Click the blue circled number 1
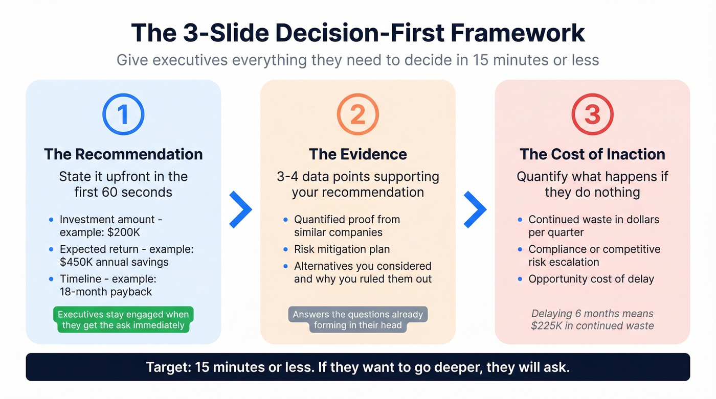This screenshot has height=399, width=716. pyautogui.click(x=123, y=115)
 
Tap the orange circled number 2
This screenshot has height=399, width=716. pyautogui.click(x=357, y=115)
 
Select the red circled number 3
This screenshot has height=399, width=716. pyautogui.click(x=592, y=115)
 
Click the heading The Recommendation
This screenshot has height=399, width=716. pyautogui.click(x=123, y=154)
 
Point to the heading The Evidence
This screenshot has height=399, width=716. pyautogui.click(x=357, y=154)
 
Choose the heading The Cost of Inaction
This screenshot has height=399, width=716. pyautogui.click(x=592, y=154)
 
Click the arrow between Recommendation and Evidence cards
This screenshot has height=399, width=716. pyautogui.click(x=240, y=209)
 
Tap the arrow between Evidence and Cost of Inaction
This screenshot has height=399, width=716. pyautogui.click(x=475, y=209)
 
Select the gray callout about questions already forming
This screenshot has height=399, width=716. pyautogui.click(x=357, y=320)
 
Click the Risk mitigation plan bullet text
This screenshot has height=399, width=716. pyautogui.click(x=342, y=249)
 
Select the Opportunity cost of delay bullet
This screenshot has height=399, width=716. pyautogui.click(x=591, y=279)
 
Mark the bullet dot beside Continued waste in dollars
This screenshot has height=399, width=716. pyautogui.click(x=520, y=220)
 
